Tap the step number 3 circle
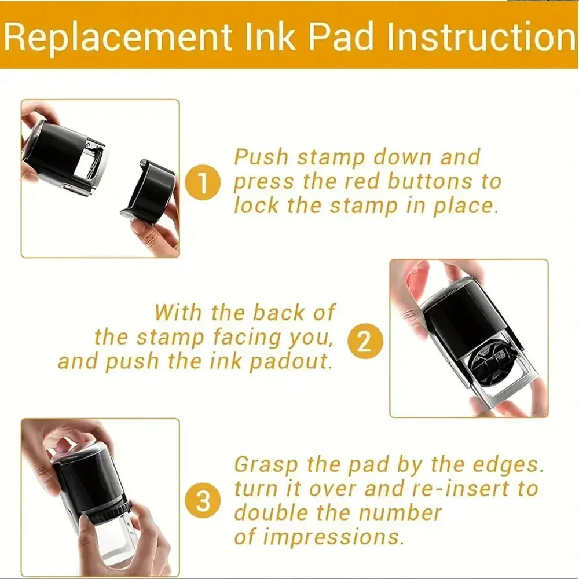[x=203, y=501]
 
